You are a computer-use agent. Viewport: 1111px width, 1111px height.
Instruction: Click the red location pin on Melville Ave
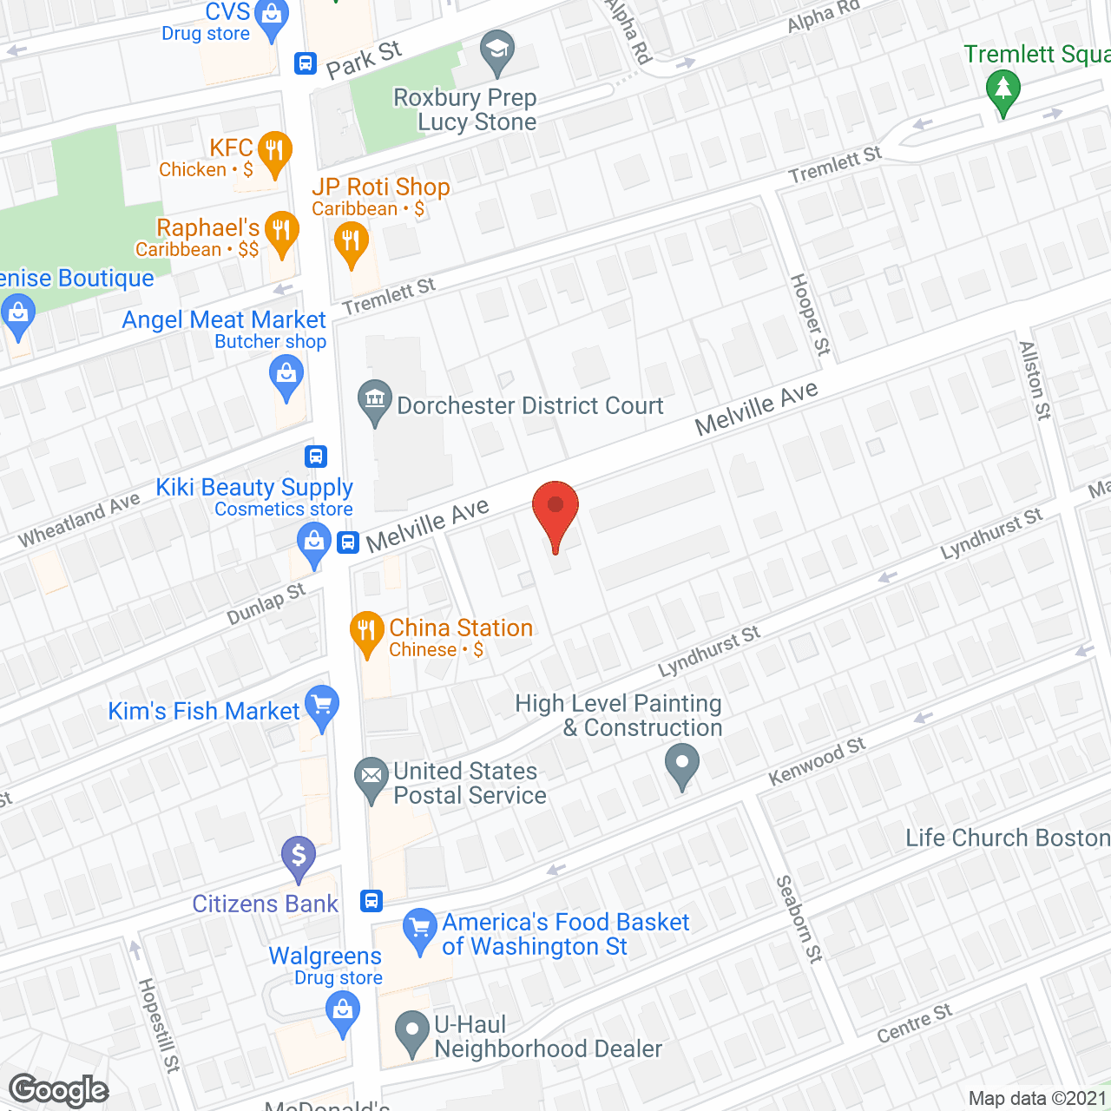click(555, 509)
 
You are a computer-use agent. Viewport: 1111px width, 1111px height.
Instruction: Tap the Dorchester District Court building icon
click(375, 400)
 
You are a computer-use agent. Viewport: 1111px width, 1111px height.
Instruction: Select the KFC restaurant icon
click(273, 150)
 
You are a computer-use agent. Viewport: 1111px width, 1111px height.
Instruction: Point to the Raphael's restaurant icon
click(281, 230)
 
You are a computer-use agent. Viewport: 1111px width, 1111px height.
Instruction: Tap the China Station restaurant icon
click(367, 631)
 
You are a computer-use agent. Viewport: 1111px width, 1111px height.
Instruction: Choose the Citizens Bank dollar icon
click(299, 856)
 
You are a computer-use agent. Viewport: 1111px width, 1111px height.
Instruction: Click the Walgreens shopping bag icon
click(343, 1011)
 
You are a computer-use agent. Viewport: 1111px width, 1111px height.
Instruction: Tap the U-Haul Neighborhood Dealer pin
click(412, 1032)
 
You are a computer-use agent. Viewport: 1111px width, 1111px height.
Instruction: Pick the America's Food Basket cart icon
click(420, 929)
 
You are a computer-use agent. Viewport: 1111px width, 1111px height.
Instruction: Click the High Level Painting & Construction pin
click(682, 765)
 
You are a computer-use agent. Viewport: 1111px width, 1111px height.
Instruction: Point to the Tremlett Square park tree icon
click(1003, 89)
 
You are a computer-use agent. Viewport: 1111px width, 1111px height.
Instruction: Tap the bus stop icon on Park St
click(306, 62)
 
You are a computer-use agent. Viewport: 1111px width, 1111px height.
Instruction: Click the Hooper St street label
click(810, 314)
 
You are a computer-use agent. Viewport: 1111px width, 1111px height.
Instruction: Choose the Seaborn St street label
click(799, 919)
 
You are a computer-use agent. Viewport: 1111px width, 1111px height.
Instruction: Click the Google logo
click(59, 1090)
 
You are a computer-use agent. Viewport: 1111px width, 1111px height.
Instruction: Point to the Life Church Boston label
click(1008, 838)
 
